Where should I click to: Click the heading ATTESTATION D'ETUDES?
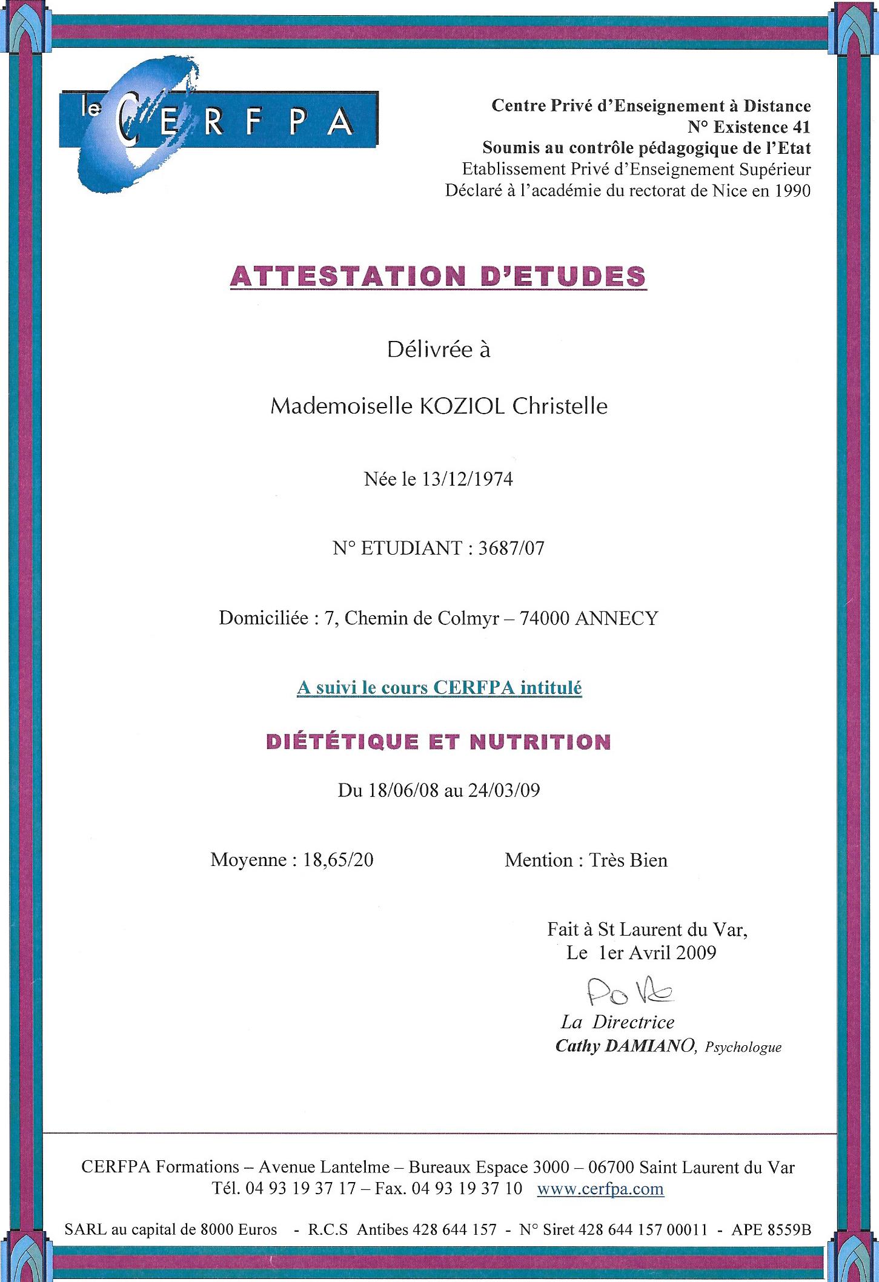click(439, 276)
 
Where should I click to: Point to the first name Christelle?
click(560, 406)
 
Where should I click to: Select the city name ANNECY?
click(615, 618)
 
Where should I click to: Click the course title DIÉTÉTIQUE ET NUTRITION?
click(439, 742)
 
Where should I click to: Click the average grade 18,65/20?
click(338, 861)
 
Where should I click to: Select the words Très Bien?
click(628, 861)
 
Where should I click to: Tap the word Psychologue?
click(744, 1048)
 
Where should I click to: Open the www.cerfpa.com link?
click(600, 1189)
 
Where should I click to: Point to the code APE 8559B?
click(771, 1230)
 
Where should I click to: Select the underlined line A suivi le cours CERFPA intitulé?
click(439, 689)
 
